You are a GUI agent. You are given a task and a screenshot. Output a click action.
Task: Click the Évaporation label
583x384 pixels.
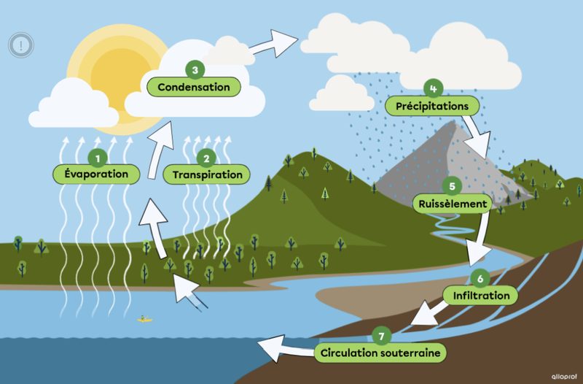pyautogui.click(x=95, y=174)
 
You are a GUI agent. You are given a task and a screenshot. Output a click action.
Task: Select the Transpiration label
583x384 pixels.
pyautogui.click(x=207, y=174)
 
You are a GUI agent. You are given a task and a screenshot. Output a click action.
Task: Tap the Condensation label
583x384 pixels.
pyautogui.click(x=194, y=87)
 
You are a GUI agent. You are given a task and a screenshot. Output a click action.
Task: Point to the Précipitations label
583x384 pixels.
pyautogui.click(x=432, y=106)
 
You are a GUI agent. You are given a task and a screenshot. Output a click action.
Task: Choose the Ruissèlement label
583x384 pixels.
pyautogui.click(x=452, y=203)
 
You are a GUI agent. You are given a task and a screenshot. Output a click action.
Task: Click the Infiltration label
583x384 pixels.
pyautogui.click(x=481, y=295)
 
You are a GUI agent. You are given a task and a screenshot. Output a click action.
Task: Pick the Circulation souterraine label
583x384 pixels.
pyautogui.click(x=380, y=353)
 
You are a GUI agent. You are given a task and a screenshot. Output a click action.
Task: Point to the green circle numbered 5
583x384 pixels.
pyautogui.click(x=452, y=186)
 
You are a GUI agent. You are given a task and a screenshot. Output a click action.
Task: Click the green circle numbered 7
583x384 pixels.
pyautogui.click(x=381, y=336)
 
